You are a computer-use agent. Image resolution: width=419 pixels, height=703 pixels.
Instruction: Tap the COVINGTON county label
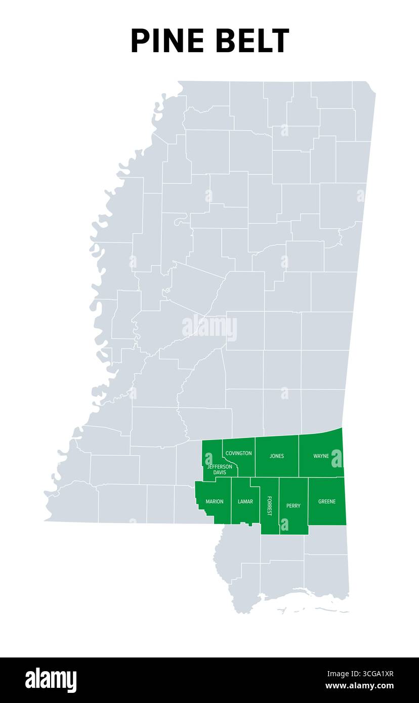coord(238,453)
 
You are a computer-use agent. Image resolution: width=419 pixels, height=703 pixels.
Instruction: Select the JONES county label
coord(277,456)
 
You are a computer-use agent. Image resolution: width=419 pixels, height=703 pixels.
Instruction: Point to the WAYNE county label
coord(321,456)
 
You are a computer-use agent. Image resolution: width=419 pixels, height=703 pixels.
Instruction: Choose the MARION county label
coord(215,502)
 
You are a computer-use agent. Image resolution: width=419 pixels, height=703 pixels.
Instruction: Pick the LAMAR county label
coord(245,502)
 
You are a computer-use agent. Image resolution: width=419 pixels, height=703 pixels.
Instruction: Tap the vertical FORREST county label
coord(269,506)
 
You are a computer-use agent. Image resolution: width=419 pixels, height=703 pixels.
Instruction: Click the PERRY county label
coord(294,506)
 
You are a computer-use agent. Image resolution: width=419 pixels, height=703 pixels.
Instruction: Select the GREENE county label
coord(327,502)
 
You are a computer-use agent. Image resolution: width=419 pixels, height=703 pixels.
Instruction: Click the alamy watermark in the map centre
coord(209,328)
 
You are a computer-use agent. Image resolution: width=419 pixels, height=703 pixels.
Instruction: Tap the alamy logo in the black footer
coord(51,680)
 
